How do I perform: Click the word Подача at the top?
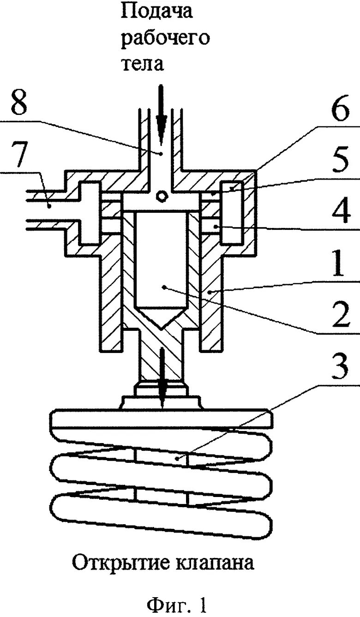click(x=156, y=12)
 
